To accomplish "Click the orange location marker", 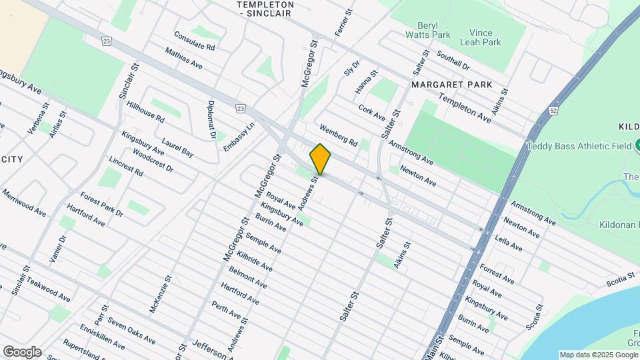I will (320, 159).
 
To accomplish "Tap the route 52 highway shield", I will (553, 109).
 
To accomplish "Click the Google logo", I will (22, 351).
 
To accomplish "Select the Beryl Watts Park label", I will (429, 29).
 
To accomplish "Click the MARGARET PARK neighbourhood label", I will (451, 85).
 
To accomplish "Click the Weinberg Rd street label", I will (339, 135).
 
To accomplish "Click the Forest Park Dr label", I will (101, 204).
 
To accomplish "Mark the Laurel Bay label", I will (177, 148).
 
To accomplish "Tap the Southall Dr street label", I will (453, 62).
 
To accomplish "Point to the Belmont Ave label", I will (247, 279).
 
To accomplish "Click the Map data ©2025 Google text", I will (598, 355).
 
